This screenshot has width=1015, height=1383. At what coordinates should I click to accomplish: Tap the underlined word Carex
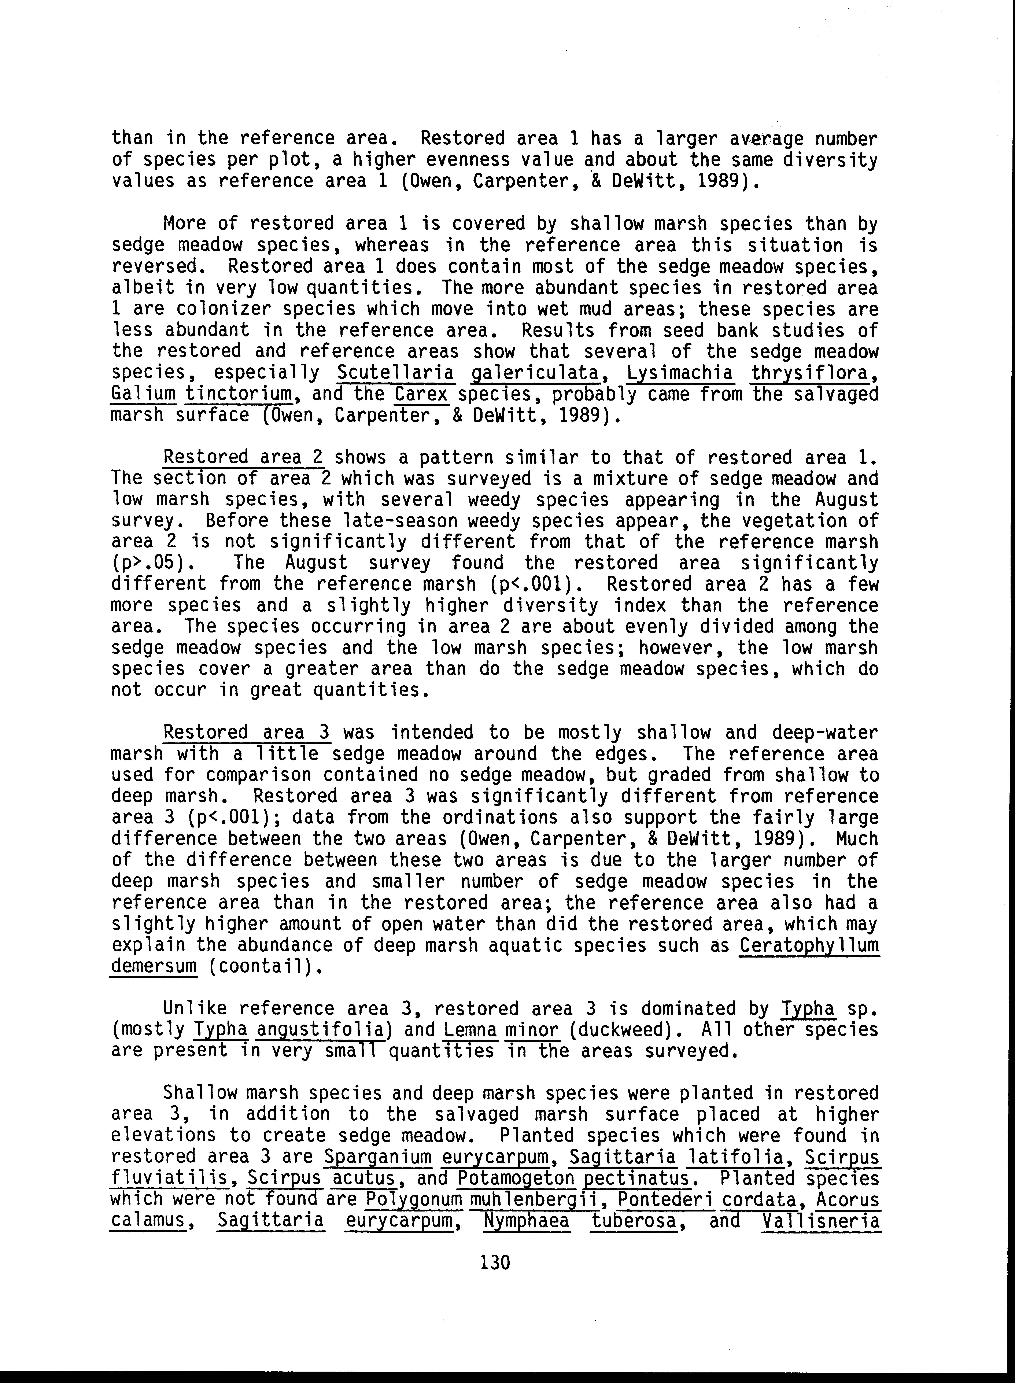click(421, 394)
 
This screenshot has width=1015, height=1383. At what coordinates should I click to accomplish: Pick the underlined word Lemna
click(467, 1030)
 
